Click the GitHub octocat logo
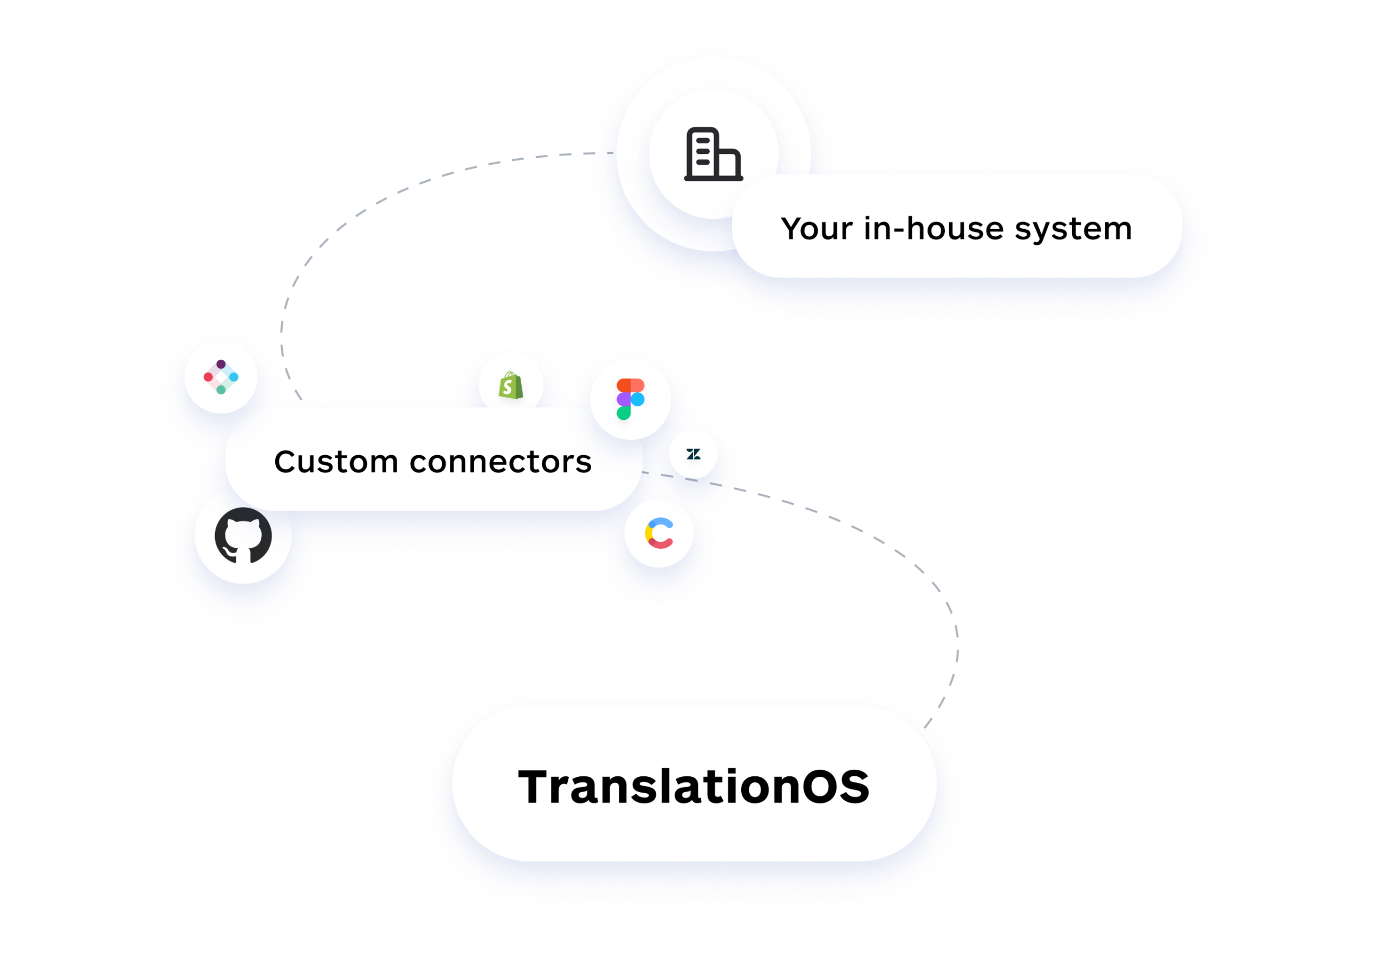tap(243, 535)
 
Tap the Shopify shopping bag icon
tap(511, 385)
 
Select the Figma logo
tap(630, 399)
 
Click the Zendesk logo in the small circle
tap(693, 453)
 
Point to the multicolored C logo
tap(659, 533)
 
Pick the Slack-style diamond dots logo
tap(221, 377)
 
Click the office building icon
tap(713, 154)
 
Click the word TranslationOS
tap(694, 787)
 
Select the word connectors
tap(500, 462)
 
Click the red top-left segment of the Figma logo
tap(624, 385)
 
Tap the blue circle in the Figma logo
tap(637, 399)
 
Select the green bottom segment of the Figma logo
tap(624, 413)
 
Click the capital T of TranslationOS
tap(537, 787)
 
